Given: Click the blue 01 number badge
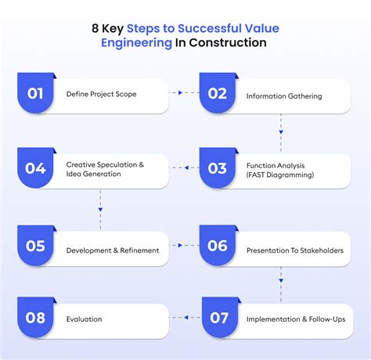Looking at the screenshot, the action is (x=35, y=93).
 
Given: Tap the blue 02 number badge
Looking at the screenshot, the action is (x=218, y=93).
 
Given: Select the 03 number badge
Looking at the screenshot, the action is (x=218, y=167).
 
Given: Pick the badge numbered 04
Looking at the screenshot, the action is (x=35, y=167).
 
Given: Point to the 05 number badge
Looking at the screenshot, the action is (x=35, y=245).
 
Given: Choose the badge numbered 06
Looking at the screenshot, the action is (x=218, y=245).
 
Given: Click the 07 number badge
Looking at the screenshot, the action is (x=220, y=317).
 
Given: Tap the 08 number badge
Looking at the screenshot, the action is (x=35, y=317).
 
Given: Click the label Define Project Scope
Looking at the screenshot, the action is (x=101, y=94).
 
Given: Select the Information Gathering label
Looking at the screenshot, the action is (x=284, y=96).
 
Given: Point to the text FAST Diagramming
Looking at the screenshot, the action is (x=280, y=175).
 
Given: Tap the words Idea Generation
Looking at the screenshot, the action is (x=93, y=174).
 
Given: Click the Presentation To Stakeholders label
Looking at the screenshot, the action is (x=295, y=250).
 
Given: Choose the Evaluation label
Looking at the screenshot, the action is (x=84, y=319).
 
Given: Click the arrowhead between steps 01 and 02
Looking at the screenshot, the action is (x=180, y=92).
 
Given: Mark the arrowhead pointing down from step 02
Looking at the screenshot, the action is (x=281, y=132).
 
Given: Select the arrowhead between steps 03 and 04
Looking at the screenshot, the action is (x=186, y=167).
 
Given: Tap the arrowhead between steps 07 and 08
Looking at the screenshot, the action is (x=186, y=317).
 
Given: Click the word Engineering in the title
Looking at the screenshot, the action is (x=136, y=43).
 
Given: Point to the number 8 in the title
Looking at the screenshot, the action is (x=95, y=28).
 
